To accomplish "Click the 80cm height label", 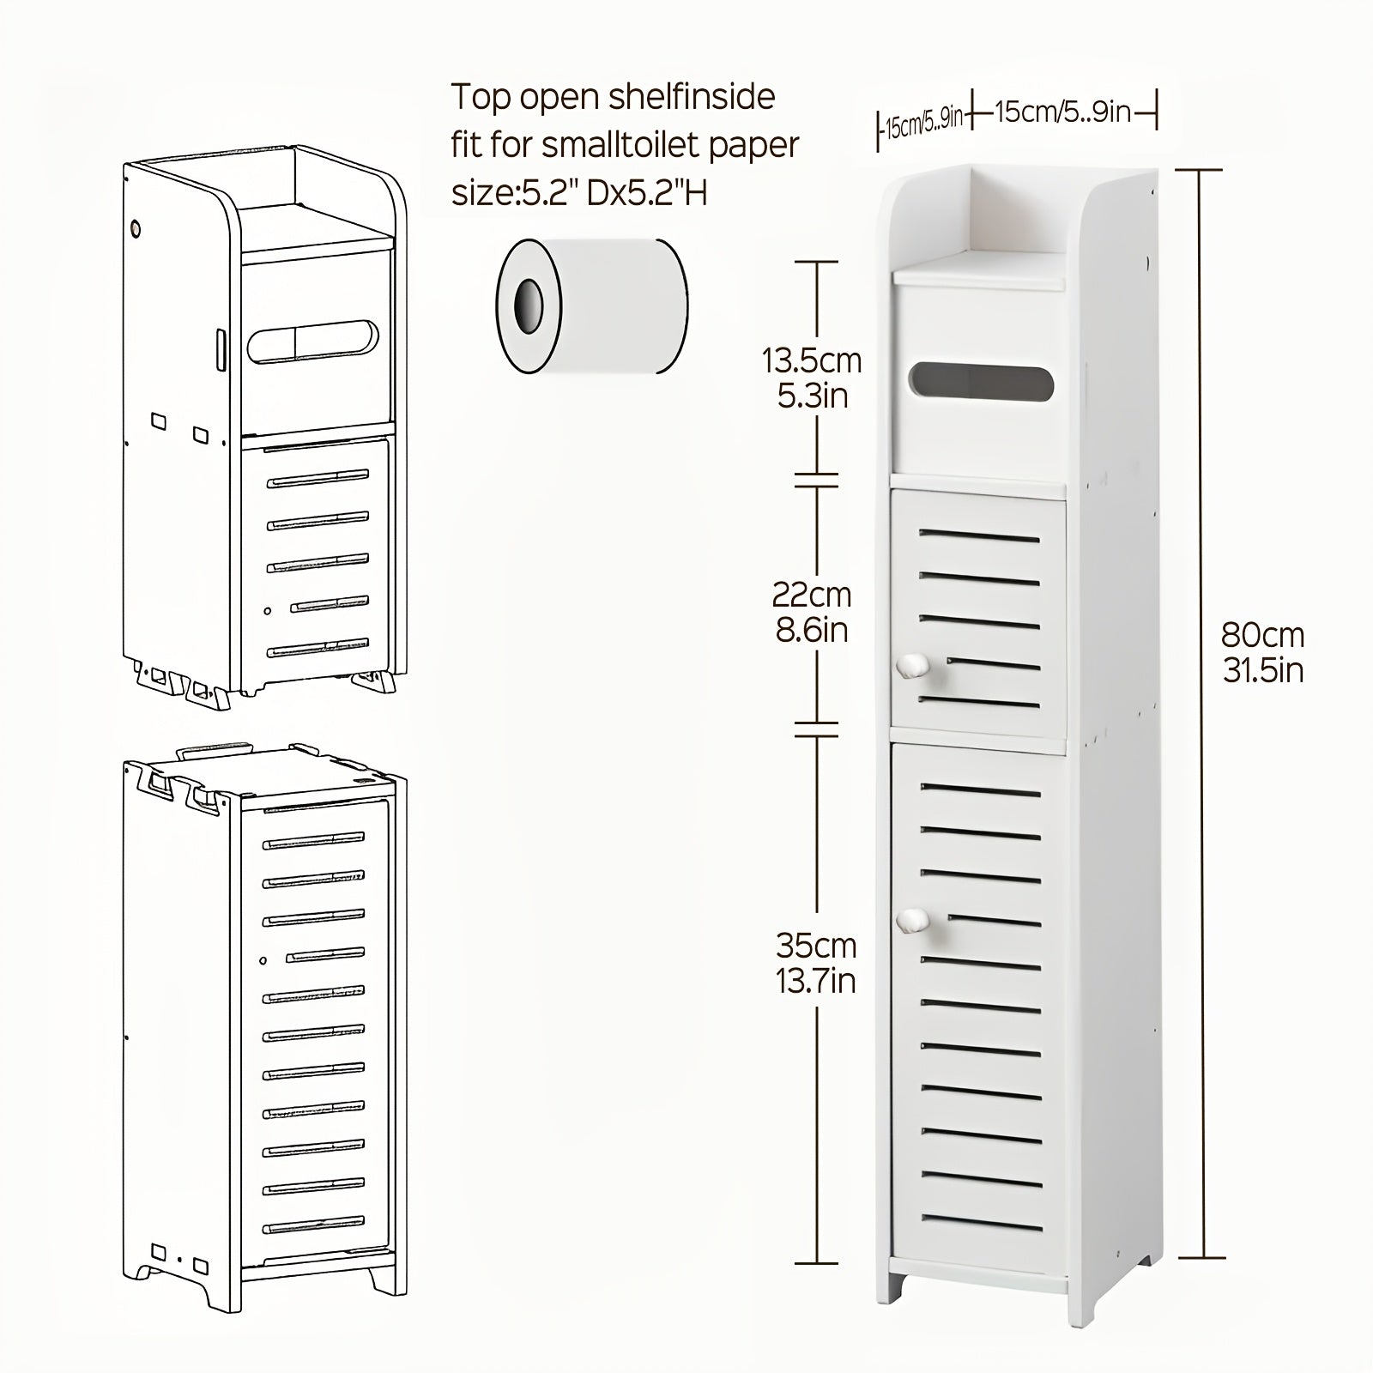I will pyautogui.click(x=1262, y=635).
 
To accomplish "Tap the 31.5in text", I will pyautogui.click(x=1262, y=671).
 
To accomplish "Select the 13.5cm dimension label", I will pyautogui.click(x=811, y=361).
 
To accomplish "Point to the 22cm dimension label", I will pyautogui.click(x=811, y=594).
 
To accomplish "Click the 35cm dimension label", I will pyautogui.click(x=815, y=946).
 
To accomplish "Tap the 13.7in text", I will pyautogui.click(x=815, y=981).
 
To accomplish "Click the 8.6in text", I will pyautogui.click(x=811, y=631).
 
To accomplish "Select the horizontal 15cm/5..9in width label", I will pyautogui.click(x=1063, y=112).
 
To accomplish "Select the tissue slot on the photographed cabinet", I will pyautogui.click(x=981, y=384).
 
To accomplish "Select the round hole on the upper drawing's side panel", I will pyautogui.click(x=136, y=230).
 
